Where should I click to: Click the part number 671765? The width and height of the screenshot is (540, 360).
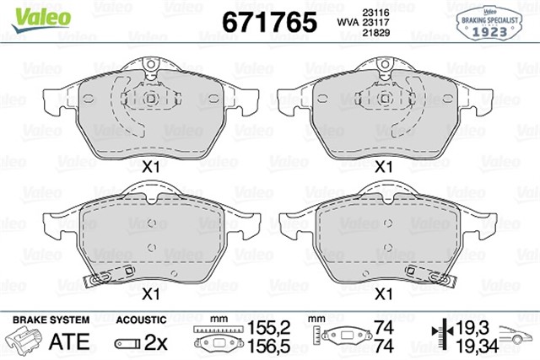point(269,22)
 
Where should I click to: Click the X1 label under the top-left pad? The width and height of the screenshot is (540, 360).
point(153,168)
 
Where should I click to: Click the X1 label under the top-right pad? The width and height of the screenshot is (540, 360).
point(385,168)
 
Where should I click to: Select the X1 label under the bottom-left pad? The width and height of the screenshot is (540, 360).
point(151,294)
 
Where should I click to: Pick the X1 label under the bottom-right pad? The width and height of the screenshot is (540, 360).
point(385,294)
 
